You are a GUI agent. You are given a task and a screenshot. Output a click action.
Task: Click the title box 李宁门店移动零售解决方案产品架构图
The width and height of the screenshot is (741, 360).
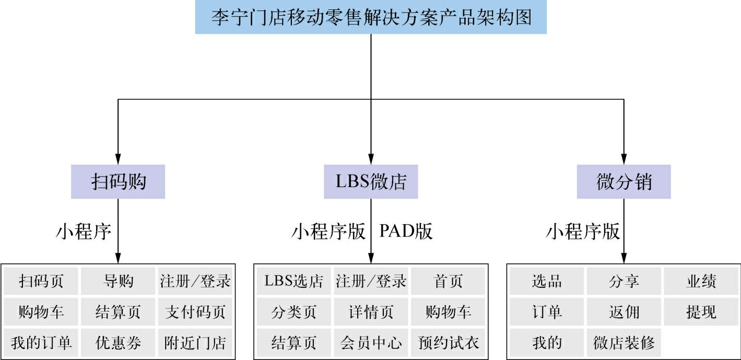[x=371, y=17]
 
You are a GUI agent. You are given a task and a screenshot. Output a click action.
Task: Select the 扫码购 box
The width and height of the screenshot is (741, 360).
[x=118, y=182]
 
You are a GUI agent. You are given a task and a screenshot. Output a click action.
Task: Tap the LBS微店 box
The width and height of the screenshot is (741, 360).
[x=371, y=182]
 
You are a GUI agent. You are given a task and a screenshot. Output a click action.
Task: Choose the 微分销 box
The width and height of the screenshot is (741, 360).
[x=624, y=182]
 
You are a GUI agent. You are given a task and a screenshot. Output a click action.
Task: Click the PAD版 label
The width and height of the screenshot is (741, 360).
[x=406, y=231]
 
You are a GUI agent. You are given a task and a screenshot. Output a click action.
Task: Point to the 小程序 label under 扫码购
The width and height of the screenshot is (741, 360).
[x=84, y=231]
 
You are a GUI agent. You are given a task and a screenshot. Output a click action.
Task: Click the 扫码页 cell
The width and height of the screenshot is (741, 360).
[x=41, y=281]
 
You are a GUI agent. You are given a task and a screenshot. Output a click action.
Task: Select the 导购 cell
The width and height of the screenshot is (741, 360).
[x=118, y=281]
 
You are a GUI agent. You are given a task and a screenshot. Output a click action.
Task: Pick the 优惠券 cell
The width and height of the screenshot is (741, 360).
[x=118, y=343]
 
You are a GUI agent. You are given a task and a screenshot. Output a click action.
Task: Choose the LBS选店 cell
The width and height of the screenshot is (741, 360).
[x=293, y=281]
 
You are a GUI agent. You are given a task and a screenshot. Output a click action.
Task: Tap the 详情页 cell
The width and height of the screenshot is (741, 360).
[x=371, y=312]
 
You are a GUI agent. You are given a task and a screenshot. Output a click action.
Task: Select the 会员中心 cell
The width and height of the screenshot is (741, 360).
[x=371, y=343]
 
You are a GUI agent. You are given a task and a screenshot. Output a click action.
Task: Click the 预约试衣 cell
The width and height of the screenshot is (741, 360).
[x=448, y=343]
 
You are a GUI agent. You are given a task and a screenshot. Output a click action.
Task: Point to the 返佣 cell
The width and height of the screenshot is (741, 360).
[x=624, y=312]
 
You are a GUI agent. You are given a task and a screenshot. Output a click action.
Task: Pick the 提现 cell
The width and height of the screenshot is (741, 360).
[x=701, y=312]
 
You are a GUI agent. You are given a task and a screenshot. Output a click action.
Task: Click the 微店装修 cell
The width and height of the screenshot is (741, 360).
[x=624, y=343]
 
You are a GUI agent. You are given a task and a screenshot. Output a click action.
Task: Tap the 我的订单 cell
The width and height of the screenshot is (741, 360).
[x=41, y=343]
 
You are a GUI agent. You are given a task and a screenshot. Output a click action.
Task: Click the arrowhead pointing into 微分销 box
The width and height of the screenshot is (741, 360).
[x=624, y=159]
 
